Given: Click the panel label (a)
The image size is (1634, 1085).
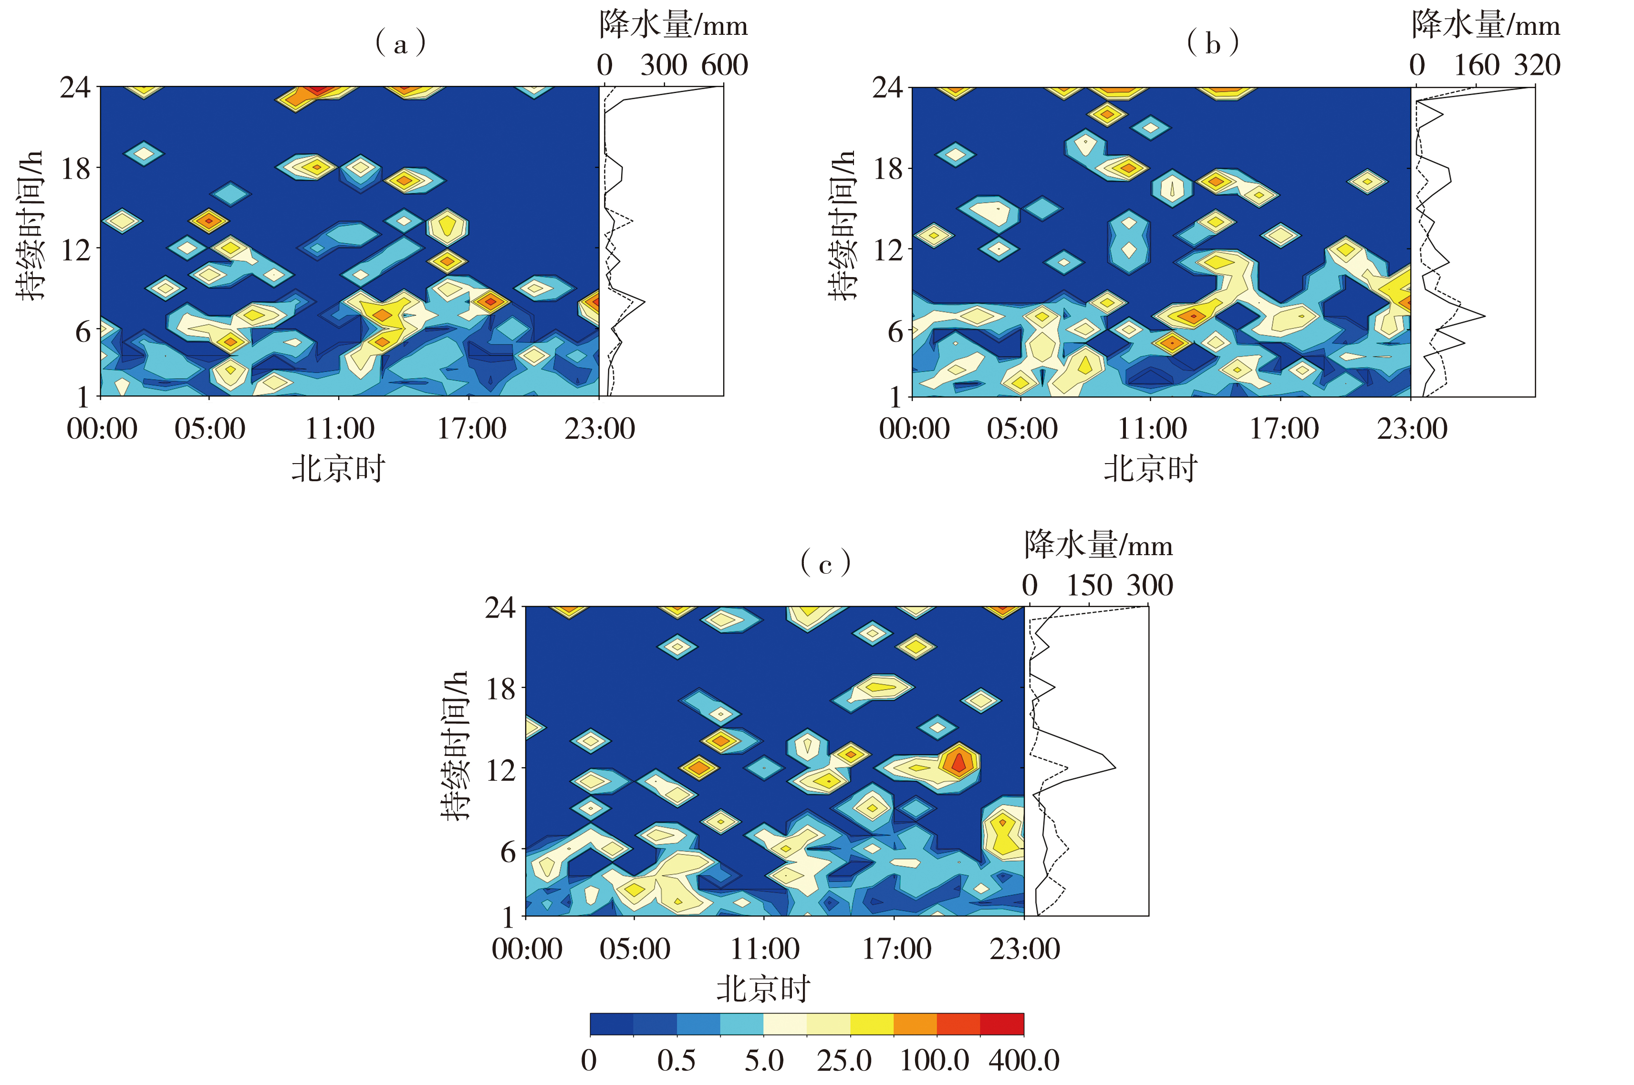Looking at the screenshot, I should click(x=400, y=43).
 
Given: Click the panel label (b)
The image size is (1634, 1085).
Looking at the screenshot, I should click(x=1213, y=43).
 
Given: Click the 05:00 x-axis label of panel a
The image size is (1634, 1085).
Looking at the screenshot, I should click(x=210, y=429).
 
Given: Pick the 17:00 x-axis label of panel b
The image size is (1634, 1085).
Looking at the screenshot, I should click(x=1283, y=429).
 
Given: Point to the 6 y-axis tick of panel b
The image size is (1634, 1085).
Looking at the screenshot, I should click(x=895, y=332).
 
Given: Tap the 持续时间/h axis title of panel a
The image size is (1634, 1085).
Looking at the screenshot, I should click(x=30, y=226).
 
